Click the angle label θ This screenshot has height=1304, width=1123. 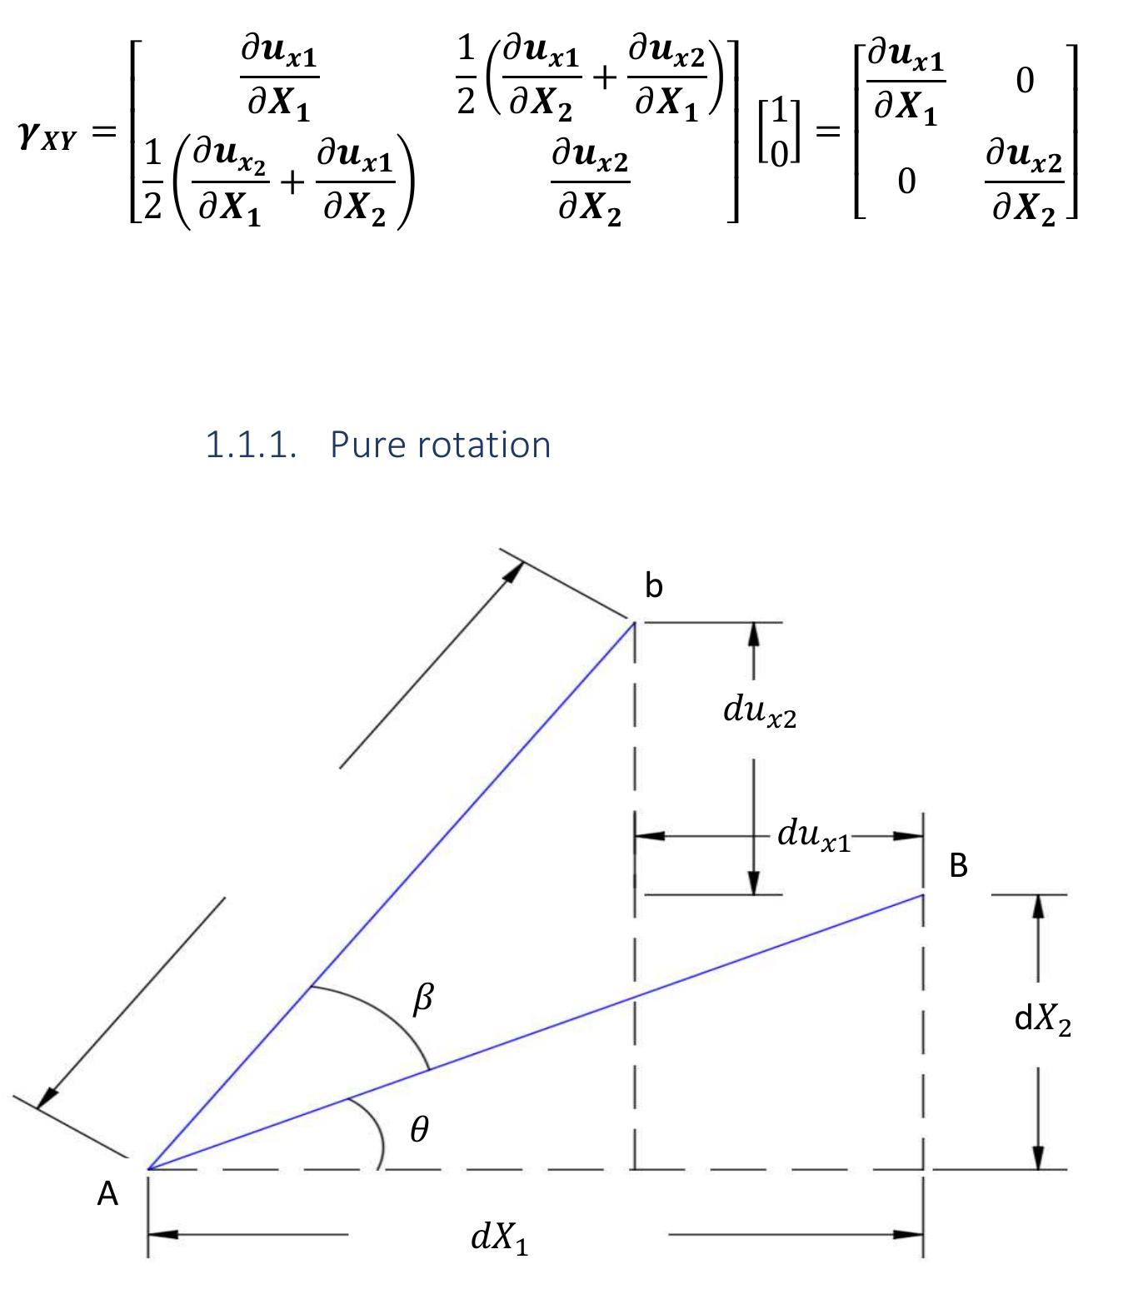pyautogui.click(x=420, y=1128)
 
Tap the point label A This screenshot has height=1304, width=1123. pyautogui.click(x=107, y=1193)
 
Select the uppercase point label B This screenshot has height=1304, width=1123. pyautogui.click(x=958, y=865)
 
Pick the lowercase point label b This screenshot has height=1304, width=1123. pyautogui.click(x=653, y=585)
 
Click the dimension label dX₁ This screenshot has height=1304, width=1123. pyautogui.click(x=499, y=1237)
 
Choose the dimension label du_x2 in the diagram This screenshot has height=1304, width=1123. pyautogui.click(x=760, y=711)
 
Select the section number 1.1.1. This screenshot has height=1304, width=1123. pyautogui.click(x=251, y=445)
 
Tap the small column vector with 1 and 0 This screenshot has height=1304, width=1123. pyautogui.click(x=779, y=132)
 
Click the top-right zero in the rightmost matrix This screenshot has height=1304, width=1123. pyautogui.click(x=1025, y=81)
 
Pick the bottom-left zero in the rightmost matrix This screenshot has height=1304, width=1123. pyautogui.click(x=906, y=182)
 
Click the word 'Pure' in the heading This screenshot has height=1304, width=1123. pyautogui.click(x=367, y=445)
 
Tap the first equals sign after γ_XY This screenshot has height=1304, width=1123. pyautogui.click(x=104, y=132)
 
